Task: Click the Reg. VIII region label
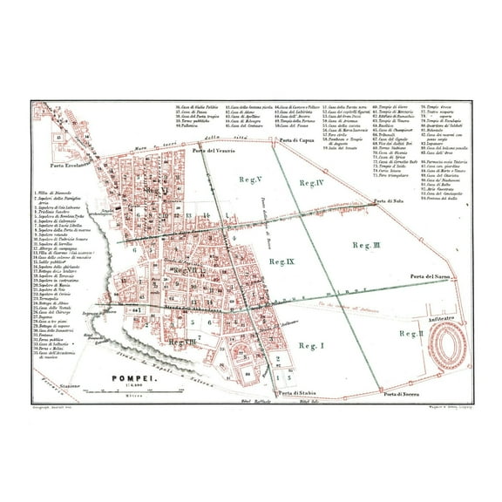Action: pos(182,343)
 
